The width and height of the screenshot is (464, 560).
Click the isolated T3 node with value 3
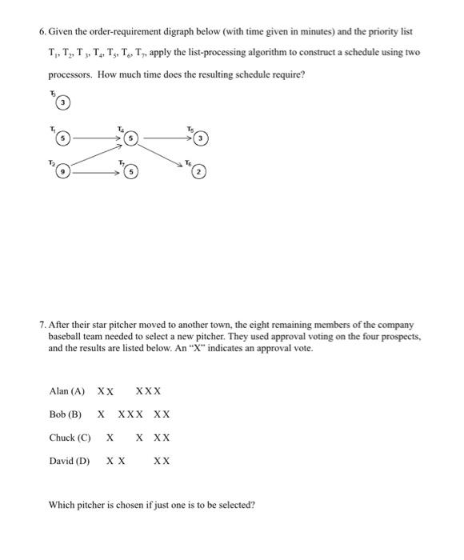pos(61,104)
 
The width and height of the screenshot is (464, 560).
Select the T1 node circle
pos(61,138)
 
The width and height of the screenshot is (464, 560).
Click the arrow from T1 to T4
pos(96,138)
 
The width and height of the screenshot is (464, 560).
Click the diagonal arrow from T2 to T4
pos(94,155)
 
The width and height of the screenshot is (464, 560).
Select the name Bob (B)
pos(65,414)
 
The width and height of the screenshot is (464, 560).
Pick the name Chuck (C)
pos(70,438)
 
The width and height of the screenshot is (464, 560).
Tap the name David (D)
pos(69,461)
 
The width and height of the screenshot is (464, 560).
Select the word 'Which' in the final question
pos(62,505)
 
